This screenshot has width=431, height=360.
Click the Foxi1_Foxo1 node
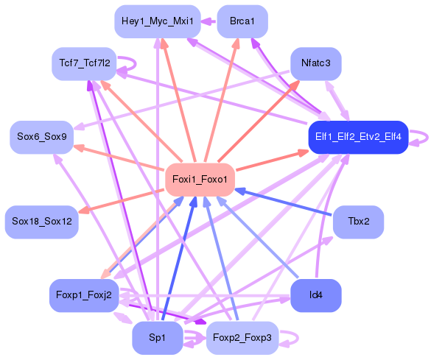200,180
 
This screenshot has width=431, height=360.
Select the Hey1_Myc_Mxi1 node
158,21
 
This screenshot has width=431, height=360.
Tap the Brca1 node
242,21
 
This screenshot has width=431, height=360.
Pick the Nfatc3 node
316,63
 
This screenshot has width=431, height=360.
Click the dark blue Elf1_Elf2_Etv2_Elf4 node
358,137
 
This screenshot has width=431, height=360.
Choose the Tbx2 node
358,222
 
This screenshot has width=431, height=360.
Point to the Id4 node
316,295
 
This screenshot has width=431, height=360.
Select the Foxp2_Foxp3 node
242,337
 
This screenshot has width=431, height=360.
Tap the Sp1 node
158,337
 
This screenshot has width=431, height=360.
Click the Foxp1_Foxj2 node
84,295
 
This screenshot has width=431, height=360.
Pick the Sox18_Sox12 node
42,222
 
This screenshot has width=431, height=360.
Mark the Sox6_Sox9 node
42,137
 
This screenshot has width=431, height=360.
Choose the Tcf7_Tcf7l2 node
84,63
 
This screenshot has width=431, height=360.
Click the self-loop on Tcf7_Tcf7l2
133,64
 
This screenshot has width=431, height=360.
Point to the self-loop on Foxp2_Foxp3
292,337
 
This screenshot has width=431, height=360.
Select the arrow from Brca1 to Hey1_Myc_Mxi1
209,21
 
